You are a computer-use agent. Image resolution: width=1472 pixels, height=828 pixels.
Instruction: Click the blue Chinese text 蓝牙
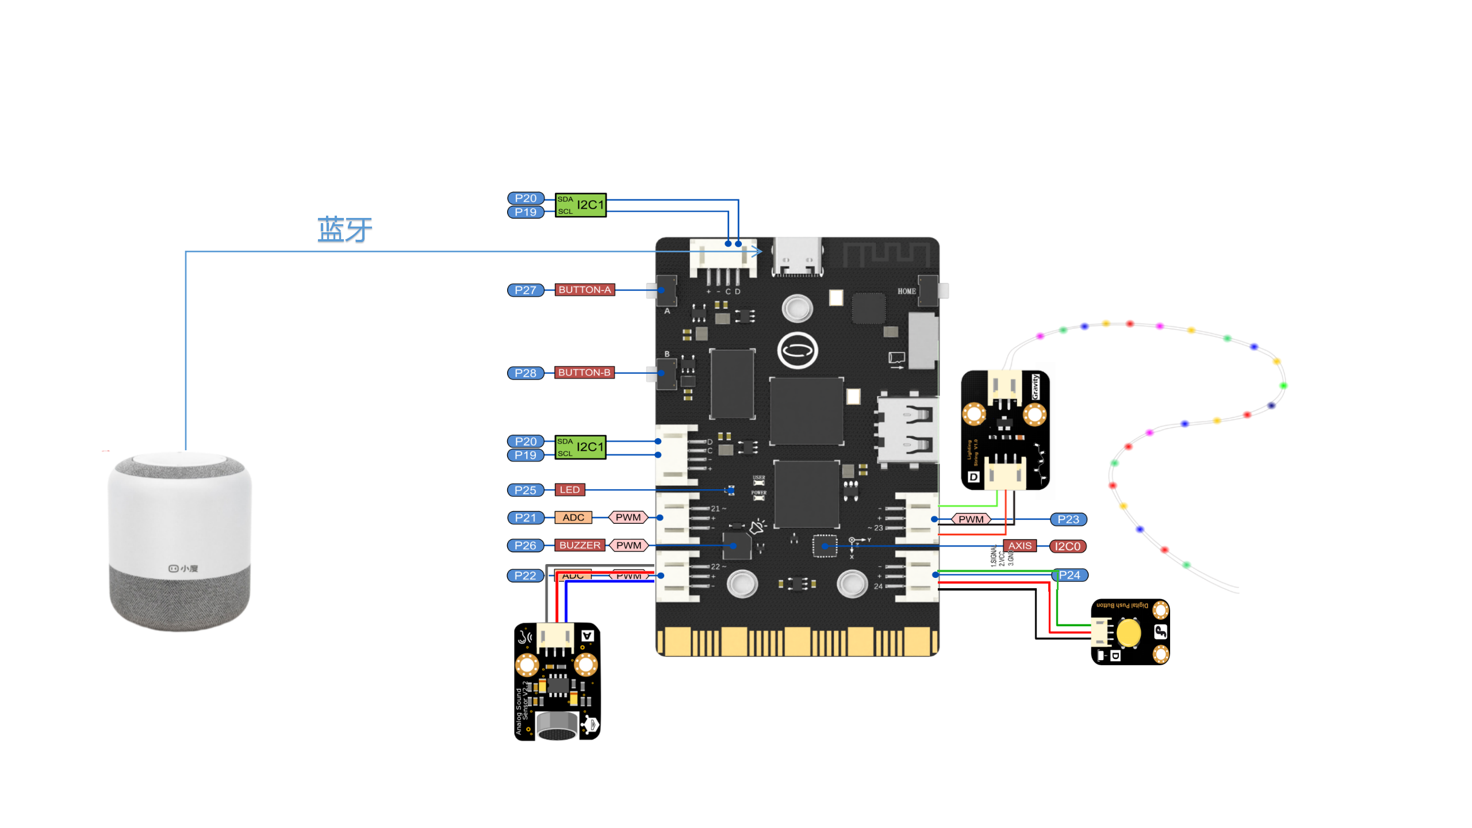pos(344,229)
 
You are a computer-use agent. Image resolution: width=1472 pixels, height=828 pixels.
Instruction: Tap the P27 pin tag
pos(525,290)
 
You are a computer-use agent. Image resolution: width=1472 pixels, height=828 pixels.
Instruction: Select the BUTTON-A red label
pos(584,290)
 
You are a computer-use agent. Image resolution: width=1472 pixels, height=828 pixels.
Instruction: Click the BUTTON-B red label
pos(584,373)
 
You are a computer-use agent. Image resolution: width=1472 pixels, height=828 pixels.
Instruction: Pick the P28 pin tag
pos(525,373)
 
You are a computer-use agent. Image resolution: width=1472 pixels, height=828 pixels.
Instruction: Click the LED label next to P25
pos(569,490)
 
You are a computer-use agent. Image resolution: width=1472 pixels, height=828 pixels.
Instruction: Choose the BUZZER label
pos(579,545)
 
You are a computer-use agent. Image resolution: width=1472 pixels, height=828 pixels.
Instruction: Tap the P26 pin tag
pos(525,545)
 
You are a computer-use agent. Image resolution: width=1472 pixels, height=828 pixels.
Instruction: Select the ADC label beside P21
pos(573,517)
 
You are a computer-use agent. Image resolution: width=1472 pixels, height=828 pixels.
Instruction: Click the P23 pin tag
pos(1068,519)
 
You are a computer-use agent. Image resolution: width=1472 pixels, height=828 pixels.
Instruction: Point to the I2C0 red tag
pos(1067,546)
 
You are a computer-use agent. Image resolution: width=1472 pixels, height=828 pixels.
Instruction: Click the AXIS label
pos(1019,546)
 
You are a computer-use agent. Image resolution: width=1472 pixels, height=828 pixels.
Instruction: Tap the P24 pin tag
pos(1070,575)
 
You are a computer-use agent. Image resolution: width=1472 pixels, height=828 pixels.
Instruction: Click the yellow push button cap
pos(1128,632)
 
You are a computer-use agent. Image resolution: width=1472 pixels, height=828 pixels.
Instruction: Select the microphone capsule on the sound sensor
pos(556,726)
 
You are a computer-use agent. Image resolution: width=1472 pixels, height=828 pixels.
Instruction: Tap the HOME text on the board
pos(906,292)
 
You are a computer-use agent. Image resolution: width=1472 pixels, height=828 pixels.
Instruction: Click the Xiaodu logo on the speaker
pos(183,568)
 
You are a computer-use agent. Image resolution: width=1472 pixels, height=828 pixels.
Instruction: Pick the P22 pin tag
pos(525,576)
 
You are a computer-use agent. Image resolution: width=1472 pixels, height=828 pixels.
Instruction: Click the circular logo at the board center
pos(797,350)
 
